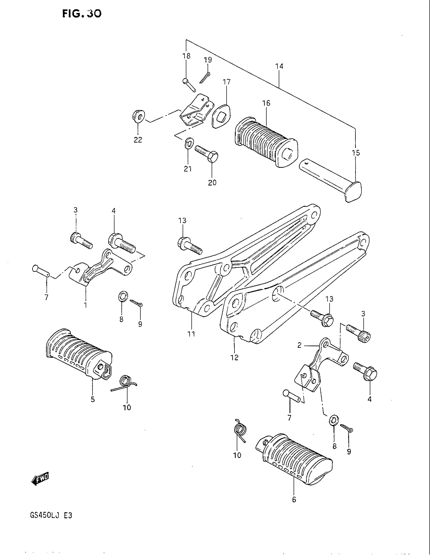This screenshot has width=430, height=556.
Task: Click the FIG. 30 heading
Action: [81, 13]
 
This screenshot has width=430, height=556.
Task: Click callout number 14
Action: [279, 66]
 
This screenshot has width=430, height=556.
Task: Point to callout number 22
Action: [138, 140]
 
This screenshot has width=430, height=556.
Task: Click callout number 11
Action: [191, 334]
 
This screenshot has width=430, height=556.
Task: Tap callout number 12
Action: [234, 357]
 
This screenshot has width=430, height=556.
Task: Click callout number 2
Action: [299, 345]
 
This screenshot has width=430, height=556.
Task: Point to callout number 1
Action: [85, 305]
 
